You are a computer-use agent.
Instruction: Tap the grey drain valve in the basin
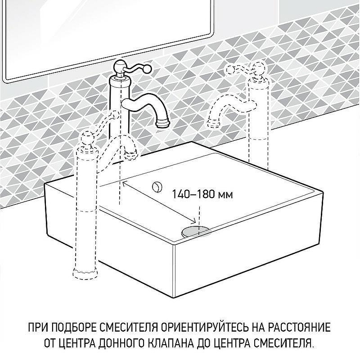[196, 231]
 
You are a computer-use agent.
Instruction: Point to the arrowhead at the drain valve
[194, 223]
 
